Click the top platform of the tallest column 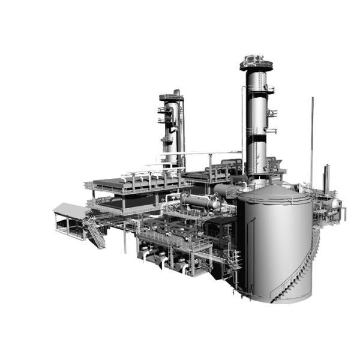click(x=256, y=62)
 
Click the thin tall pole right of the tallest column click(x=311, y=138)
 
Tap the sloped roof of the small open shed click(x=70, y=209)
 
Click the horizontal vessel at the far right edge click(x=332, y=205)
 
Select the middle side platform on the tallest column click(x=269, y=112)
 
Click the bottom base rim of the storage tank click(x=276, y=299)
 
